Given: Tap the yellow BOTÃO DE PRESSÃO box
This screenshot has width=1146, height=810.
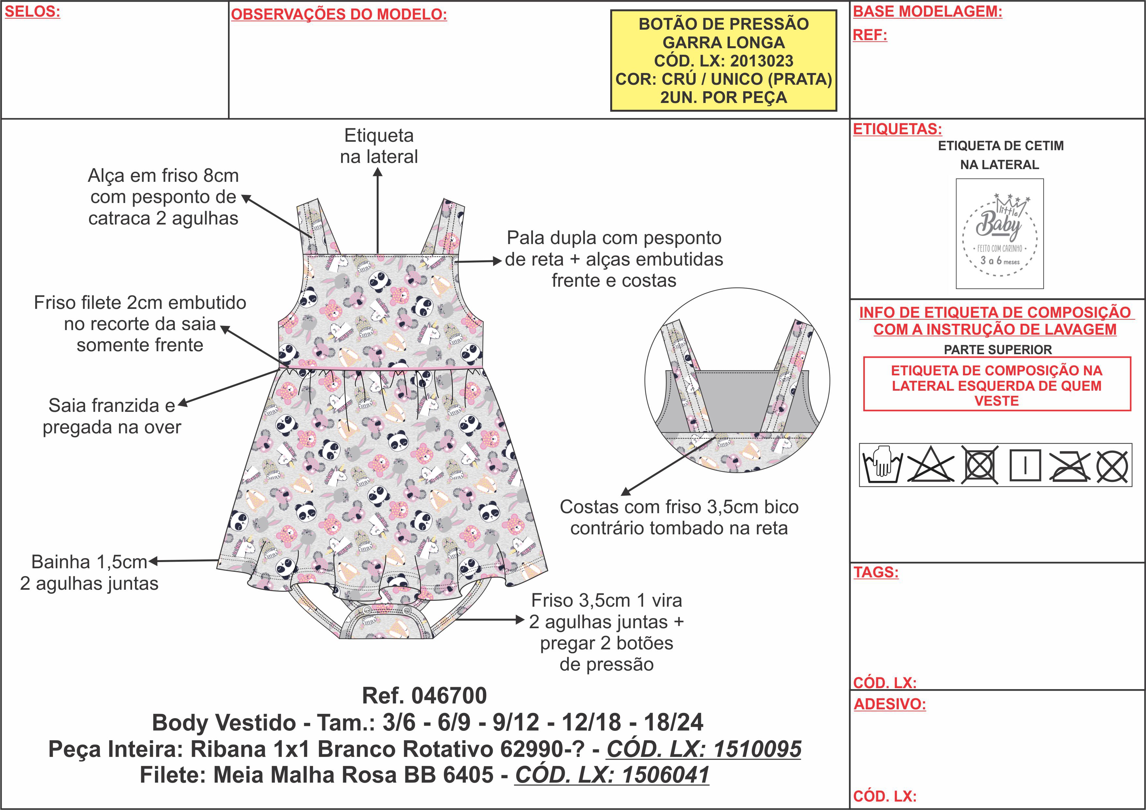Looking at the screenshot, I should pyautogui.click(x=723, y=60).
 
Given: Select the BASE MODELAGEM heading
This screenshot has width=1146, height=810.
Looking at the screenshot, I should pyautogui.click(x=927, y=11).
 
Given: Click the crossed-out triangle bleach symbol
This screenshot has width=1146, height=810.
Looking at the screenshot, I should pyautogui.click(x=930, y=465).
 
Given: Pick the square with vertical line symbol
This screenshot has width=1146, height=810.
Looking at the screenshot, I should pyautogui.click(x=1025, y=465).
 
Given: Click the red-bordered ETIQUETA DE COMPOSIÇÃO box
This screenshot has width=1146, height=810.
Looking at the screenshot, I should pyautogui.click(x=997, y=384).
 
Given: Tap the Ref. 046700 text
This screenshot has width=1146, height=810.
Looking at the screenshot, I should pyautogui.click(x=424, y=695).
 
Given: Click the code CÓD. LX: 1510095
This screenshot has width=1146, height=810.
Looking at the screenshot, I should pyautogui.click(x=704, y=749).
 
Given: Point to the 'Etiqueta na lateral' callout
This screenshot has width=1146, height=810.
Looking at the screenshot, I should pyautogui.click(x=379, y=146).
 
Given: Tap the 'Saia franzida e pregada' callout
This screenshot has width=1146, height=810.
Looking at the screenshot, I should pyautogui.click(x=112, y=416).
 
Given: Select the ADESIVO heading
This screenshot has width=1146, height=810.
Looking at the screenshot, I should pyautogui.click(x=889, y=704).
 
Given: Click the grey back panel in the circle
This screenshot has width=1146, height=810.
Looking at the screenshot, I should pyautogui.click(x=737, y=399).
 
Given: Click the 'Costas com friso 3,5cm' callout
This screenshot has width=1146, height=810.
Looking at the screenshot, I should pyautogui.click(x=679, y=517).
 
